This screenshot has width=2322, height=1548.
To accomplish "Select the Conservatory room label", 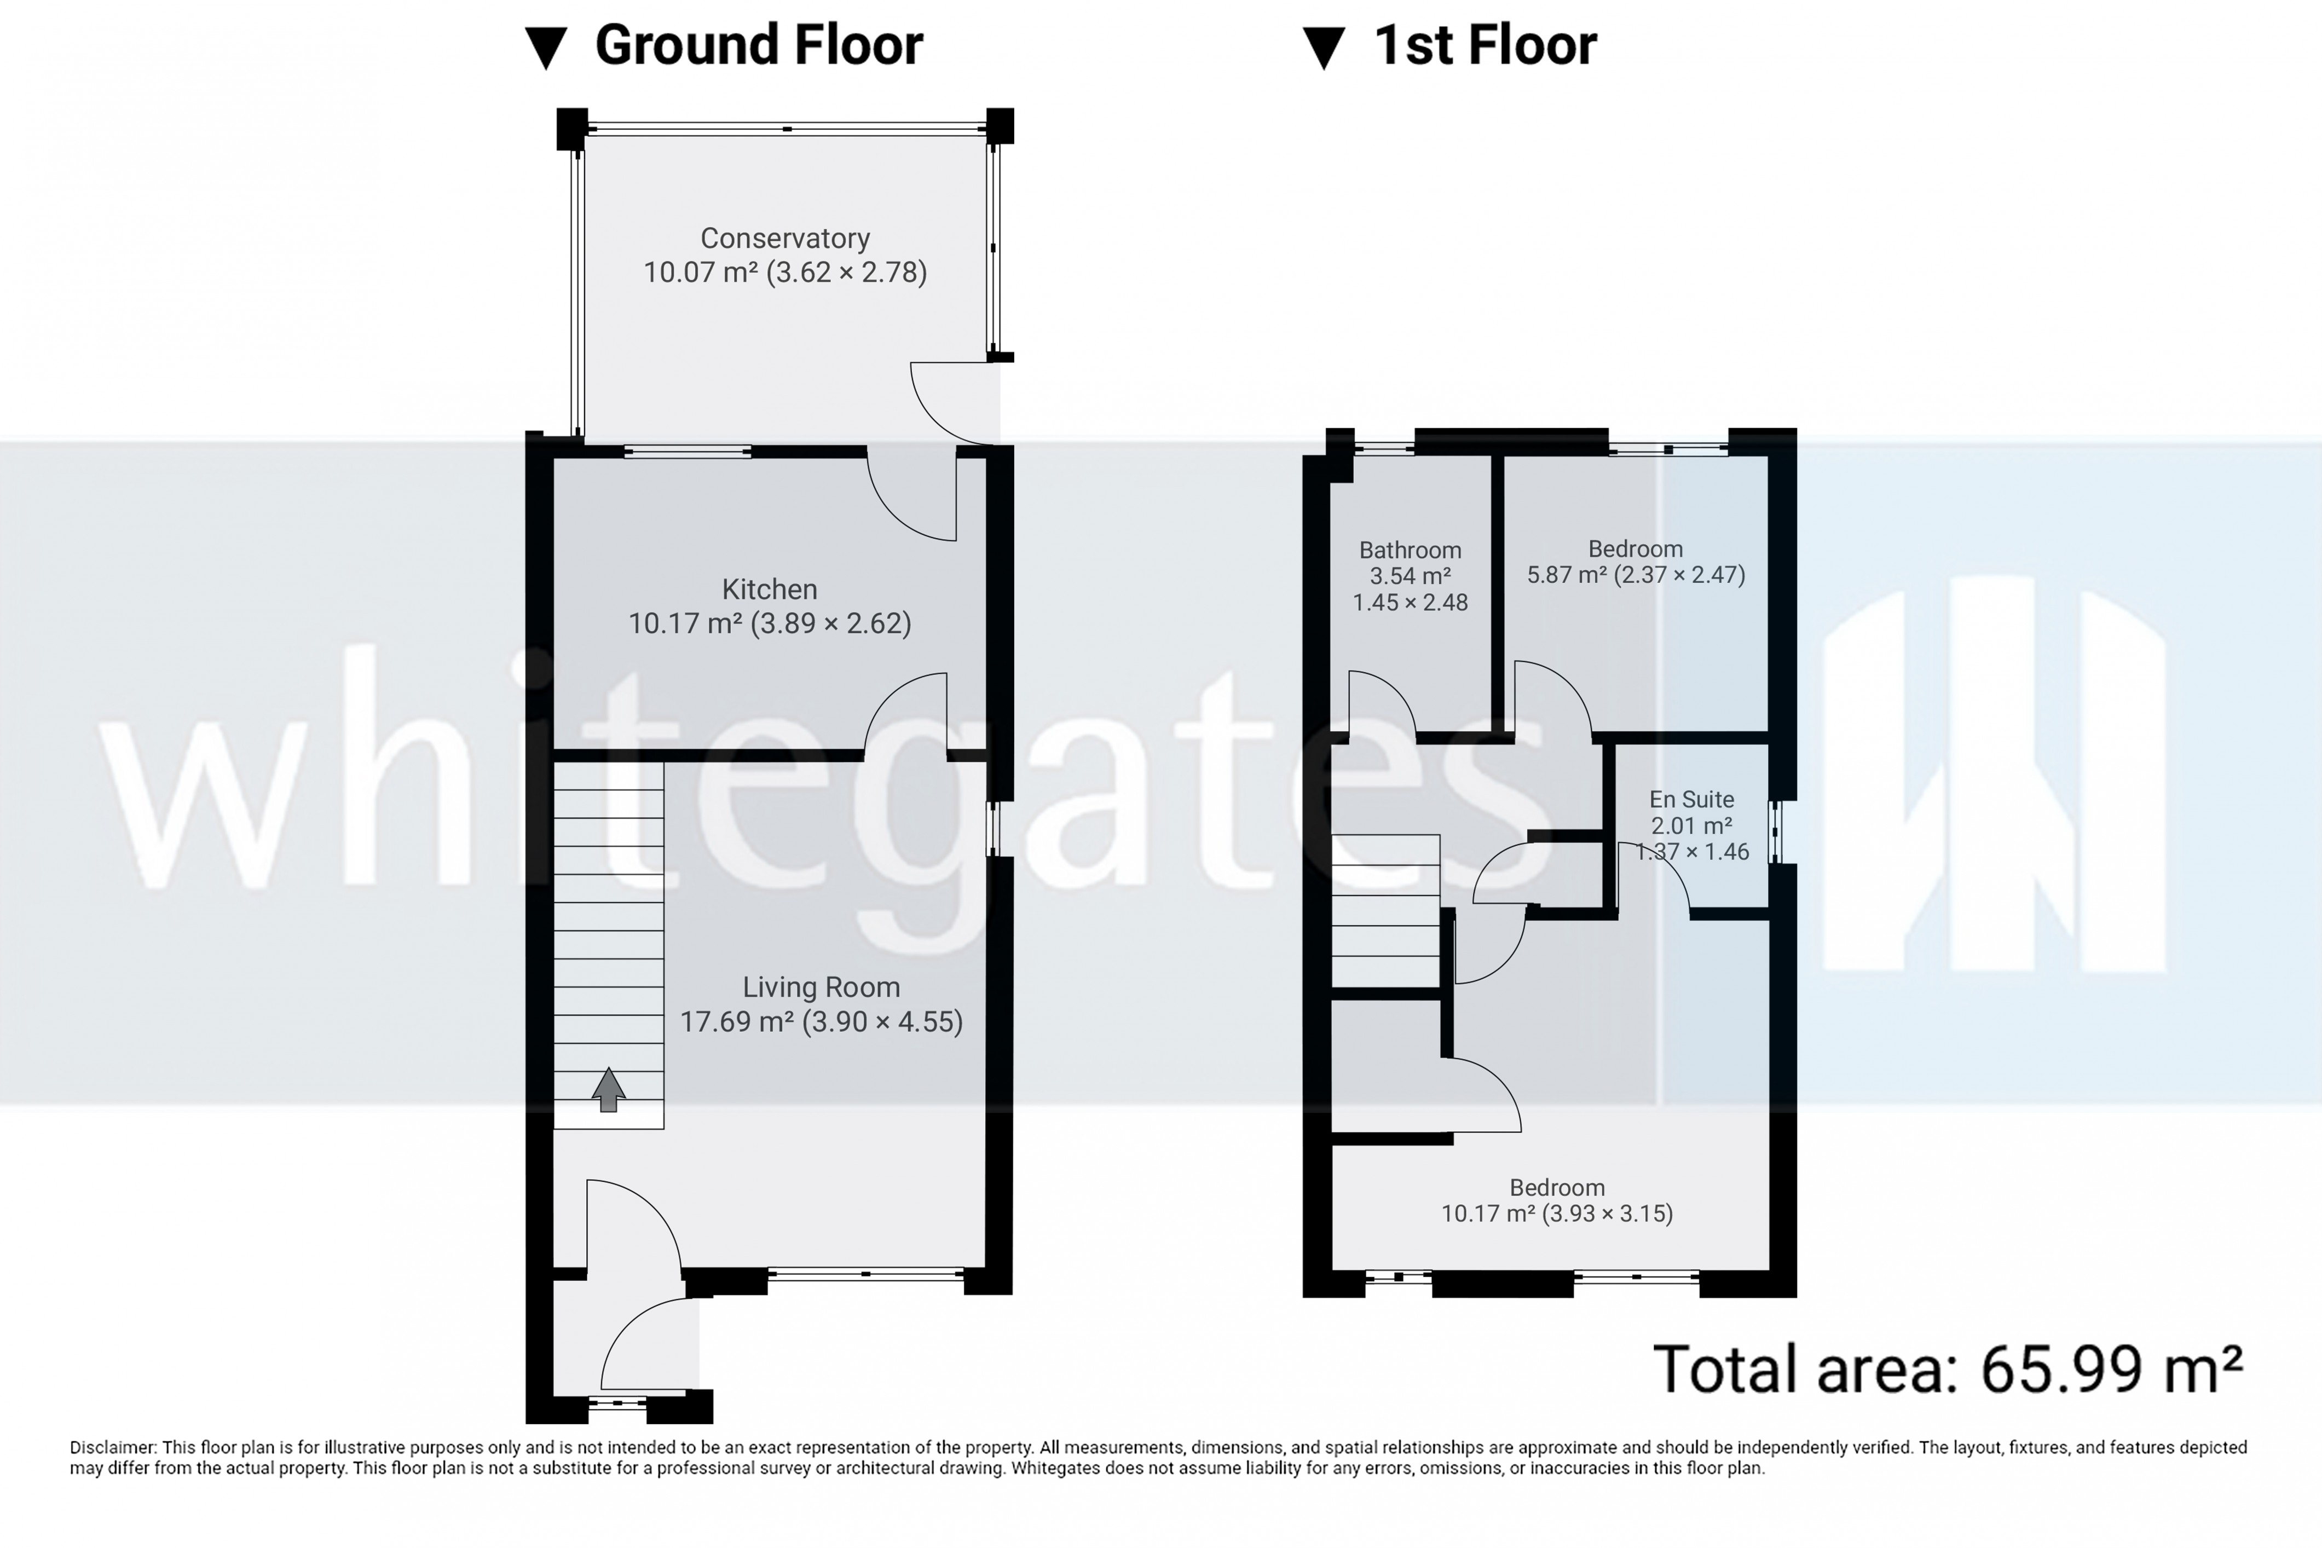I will click(x=785, y=239).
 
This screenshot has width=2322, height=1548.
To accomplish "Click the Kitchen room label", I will click(x=769, y=590).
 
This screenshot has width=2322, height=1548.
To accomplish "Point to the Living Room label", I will click(x=821, y=987).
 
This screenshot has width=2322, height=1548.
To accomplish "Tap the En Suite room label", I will click(x=1691, y=800).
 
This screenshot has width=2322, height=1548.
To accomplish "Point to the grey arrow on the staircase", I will click(x=608, y=1089).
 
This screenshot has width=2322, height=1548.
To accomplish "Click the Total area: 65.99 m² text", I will click(x=1947, y=1370).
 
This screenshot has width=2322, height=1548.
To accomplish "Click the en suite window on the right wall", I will click(x=1774, y=831).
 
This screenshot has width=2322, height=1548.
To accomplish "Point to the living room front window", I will click(x=866, y=1274).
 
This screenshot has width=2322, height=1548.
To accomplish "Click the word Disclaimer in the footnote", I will click(x=112, y=1447).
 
